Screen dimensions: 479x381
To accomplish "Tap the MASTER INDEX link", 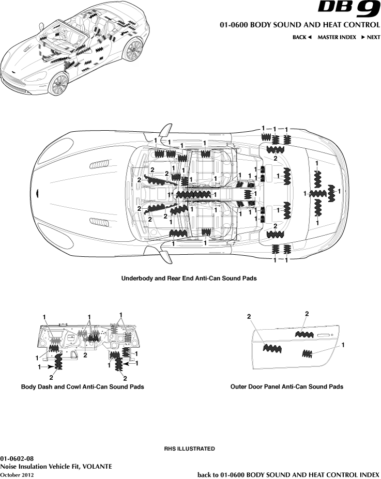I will click(337, 37).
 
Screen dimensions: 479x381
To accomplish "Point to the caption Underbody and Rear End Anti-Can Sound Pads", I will click(189, 278).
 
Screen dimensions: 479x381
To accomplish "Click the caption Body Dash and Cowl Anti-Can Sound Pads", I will click(82, 387).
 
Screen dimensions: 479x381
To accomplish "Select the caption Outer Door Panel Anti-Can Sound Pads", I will click(286, 387).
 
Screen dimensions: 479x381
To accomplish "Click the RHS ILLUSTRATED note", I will click(189, 449).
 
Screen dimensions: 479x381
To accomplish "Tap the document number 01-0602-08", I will click(17, 458).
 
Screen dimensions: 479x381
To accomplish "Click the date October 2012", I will click(17, 474).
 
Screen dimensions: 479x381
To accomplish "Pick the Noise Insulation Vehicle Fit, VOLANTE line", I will click(56, 466).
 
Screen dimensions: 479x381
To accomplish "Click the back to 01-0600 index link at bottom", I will click(288, 474).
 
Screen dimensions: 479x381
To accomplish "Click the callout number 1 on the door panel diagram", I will click(343, 344).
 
